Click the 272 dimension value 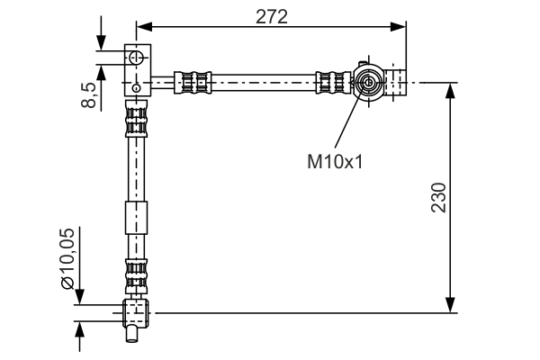click(x=270, y=17)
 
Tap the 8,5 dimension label click(x=87, y=92)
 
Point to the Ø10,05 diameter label click(x=67, y=258)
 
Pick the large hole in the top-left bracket click(x=135, y=58)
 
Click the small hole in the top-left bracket click(x=135, y=87)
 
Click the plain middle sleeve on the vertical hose click(x=135, y=219)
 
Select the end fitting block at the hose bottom click(x=135, y=312)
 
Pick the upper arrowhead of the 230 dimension click(x=450, y=89)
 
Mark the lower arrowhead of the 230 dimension click(x=450, y=307)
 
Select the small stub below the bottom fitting click(x=132, y=335)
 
